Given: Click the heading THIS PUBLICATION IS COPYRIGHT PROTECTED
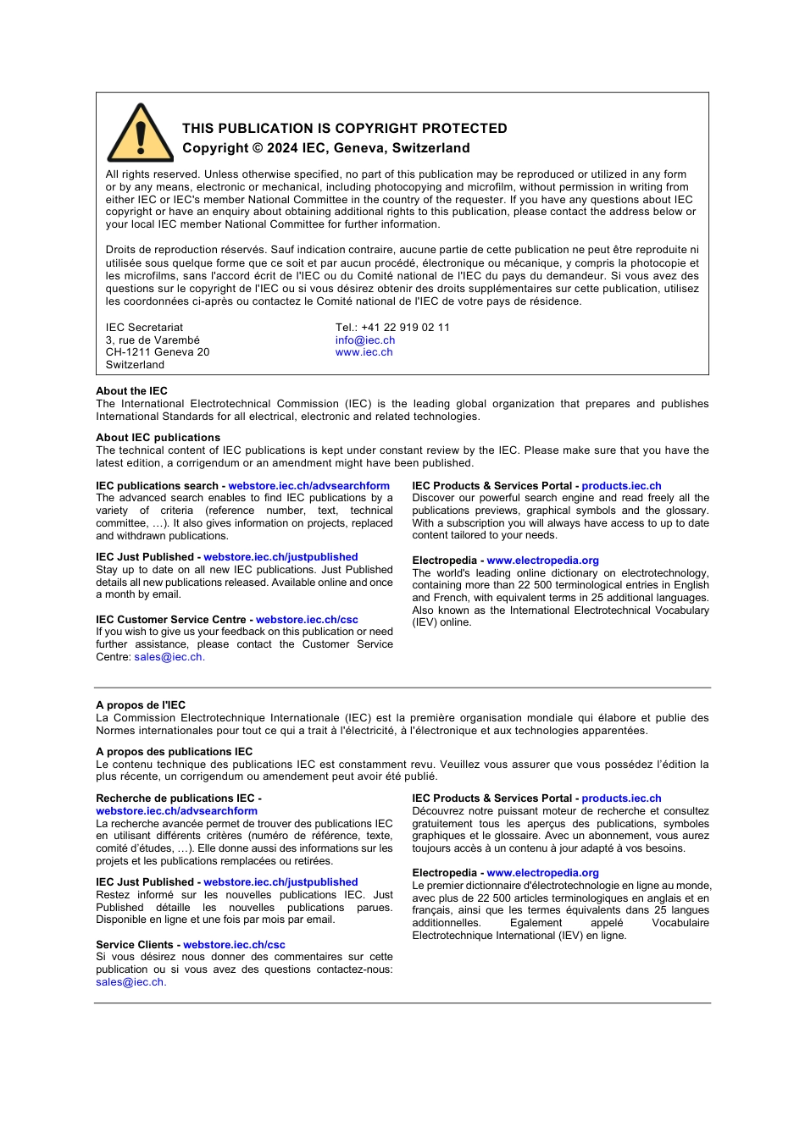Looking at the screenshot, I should (x=344, y=129).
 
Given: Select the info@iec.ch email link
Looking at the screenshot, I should (x=364, y=340).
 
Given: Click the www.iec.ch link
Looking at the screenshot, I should (x=364, y=352).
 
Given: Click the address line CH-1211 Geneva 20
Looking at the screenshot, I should (x=158, y=352).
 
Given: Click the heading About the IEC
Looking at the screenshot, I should (x=131, y=391).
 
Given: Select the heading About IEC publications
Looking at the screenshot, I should (x=158, y=438).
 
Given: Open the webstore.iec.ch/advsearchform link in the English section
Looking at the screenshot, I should (x=308, y=486).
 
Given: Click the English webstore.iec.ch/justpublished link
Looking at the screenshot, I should (x=280, y=557).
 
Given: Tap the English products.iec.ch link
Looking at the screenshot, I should (x=621, y=486).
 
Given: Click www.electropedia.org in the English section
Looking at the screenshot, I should (x=542, y=561).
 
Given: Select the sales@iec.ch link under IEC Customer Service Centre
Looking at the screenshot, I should (x=168, y=657).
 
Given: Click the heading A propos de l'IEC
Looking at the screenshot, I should (x=140, y=705).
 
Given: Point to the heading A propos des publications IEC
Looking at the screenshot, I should (x=174, y=752).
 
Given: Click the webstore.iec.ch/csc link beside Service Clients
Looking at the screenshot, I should (x=234, y=945).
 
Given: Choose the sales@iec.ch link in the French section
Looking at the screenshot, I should (x=130, y=982).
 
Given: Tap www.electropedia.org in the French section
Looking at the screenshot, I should (x=542, y=873).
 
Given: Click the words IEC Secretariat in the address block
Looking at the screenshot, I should (x=144, y=328).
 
